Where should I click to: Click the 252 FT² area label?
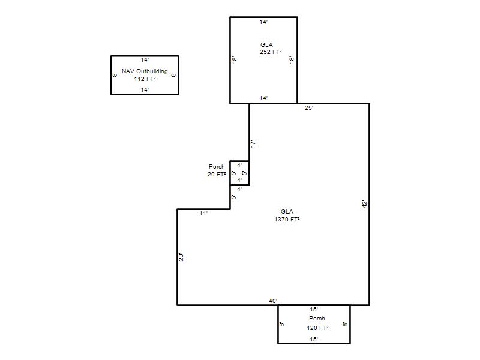coord(271,52)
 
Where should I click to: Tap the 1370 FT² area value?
coord(287,219)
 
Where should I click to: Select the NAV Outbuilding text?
coord(145,71)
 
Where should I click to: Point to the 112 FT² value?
coord(145,79)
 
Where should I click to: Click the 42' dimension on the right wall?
coord(365,204)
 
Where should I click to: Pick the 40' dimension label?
coord(273,301)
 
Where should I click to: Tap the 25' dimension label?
coord(309,108)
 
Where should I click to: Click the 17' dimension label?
coord(253,143)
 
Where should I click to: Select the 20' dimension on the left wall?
coord(181,257)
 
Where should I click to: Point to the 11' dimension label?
coord(203,214)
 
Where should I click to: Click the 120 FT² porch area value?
coord(318,328)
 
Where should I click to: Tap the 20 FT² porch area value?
coord(217,174)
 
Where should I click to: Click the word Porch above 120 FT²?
coord(317,319)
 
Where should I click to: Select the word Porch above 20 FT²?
coord(217,167)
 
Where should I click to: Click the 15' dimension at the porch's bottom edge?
coord(314,339)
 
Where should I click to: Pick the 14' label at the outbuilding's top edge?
coord(145,59)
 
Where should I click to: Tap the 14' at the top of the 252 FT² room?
coord(263,22)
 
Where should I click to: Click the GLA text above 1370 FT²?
coord(287,212)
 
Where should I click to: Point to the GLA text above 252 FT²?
coord(266,44)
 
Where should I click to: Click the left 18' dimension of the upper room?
coord(235,59)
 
